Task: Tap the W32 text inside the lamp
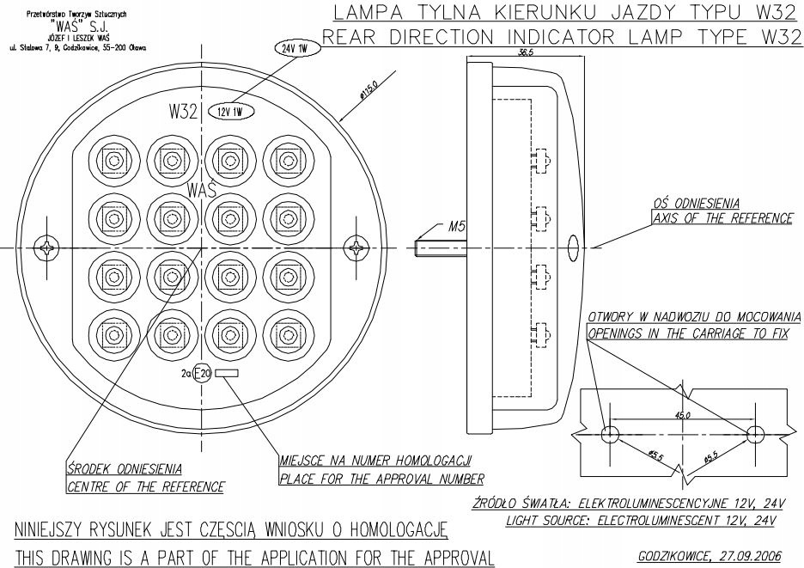pyautogui.click(x=184, y=113)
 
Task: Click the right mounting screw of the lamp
pyautogui.click(x=357, y=248)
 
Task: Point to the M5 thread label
pyautogui.click(x=457, y=228)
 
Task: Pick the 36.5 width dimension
pyautogui.click(x=520, y=52)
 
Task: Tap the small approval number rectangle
pyautogui.click(x=228, y=373)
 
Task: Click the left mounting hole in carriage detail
pyautogui.click(x=611, y=431)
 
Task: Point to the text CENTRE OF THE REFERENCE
pyautogui.click(x=145, y=487)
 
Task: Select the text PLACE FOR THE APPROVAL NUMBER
pyautogui.click(x=381, y=478)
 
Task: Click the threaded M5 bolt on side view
pyautogui.click(x=437, y=248)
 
